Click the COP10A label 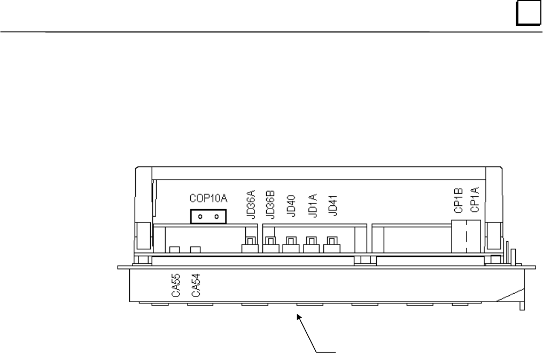coord(208,198)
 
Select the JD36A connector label coord(251,204)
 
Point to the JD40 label coord(291,206)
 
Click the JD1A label coord(312,205)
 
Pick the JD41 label coord(332,205)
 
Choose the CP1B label coord(459,201)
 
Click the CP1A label coord(475,200)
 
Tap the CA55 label coord(176,285)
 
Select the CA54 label coord(196,285)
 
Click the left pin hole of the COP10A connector coord(200,217)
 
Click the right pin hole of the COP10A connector coord(216,217)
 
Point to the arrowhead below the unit coord(299,317)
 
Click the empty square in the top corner coord(528,13)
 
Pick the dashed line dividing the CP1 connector coord(467,236)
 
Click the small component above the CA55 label coord(175,249)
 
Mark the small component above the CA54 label coord(195,249)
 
